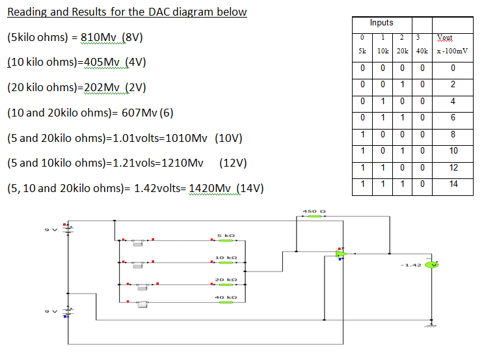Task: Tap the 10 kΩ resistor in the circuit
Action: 223,263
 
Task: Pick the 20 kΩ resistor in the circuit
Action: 223,284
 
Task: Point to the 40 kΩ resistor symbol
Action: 223,302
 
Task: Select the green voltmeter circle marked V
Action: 431,264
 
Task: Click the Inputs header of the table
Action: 381,23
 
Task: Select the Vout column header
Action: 453,38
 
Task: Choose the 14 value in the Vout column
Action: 453,184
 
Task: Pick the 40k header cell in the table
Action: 422,50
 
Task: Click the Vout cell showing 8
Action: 453,134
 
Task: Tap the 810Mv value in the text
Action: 99,37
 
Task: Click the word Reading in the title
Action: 28,12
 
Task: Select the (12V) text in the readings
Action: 236,163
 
